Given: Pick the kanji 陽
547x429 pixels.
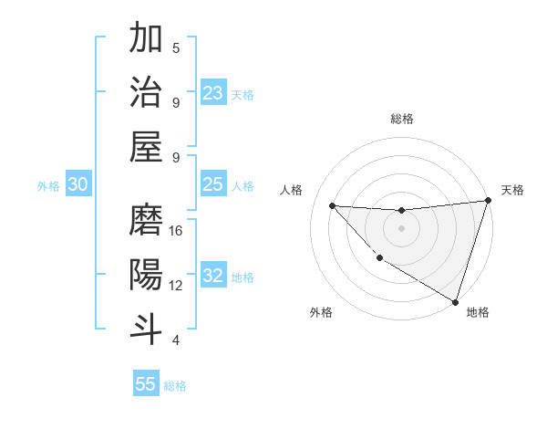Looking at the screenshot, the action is pos(146,274).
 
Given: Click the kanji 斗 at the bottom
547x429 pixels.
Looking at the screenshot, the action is pos(146,328).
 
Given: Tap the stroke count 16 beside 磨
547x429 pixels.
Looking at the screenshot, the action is pos(176,232).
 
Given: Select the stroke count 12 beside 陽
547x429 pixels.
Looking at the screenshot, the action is pos(176,286).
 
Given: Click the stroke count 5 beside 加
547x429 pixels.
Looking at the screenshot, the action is pos(176,48).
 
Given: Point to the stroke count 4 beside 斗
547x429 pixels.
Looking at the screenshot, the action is pos(176,340).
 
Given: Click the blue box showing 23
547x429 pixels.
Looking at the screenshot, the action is pos(213,93).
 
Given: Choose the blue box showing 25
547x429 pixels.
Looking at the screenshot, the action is pos(213,185).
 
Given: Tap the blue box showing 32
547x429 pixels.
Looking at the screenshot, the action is pos(213,277).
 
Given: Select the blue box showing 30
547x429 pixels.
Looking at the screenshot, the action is pos(78,185).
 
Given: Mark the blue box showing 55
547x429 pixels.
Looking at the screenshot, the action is pos(146,384).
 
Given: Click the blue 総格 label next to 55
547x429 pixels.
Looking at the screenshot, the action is pos(175,386).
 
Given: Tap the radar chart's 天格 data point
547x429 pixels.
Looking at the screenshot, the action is pos(488,202).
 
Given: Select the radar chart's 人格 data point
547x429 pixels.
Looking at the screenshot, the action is pos(333,205).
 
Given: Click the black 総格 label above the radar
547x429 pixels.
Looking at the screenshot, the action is pos(401,119).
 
